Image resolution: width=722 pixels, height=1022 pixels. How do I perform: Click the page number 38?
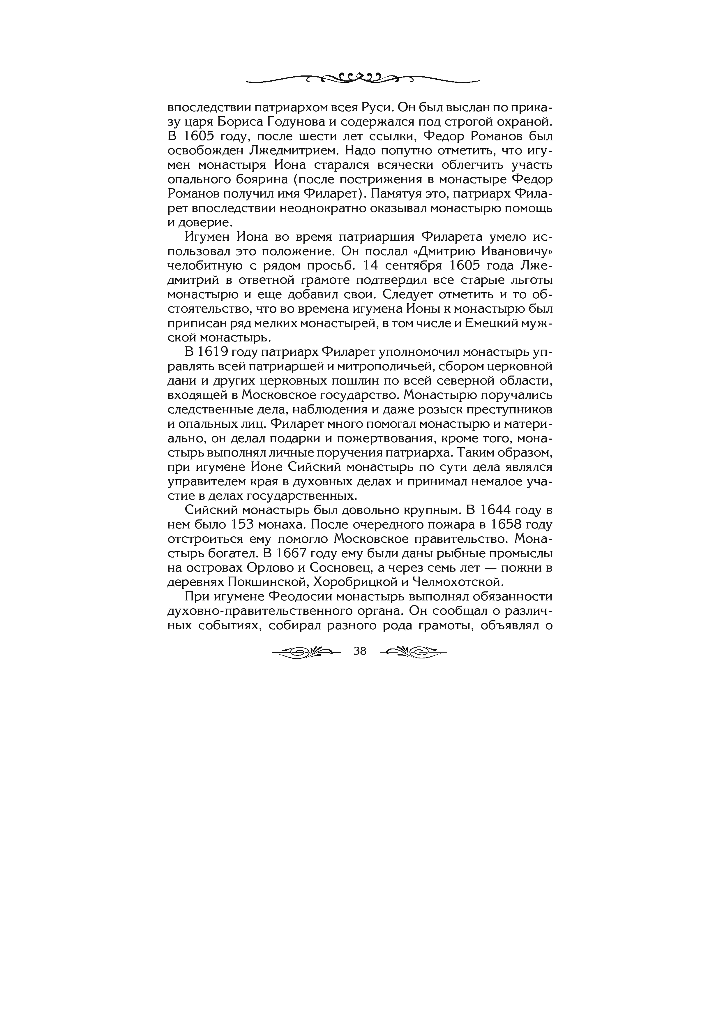(359, 651)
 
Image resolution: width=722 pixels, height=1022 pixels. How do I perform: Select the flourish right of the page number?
(412, 652)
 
